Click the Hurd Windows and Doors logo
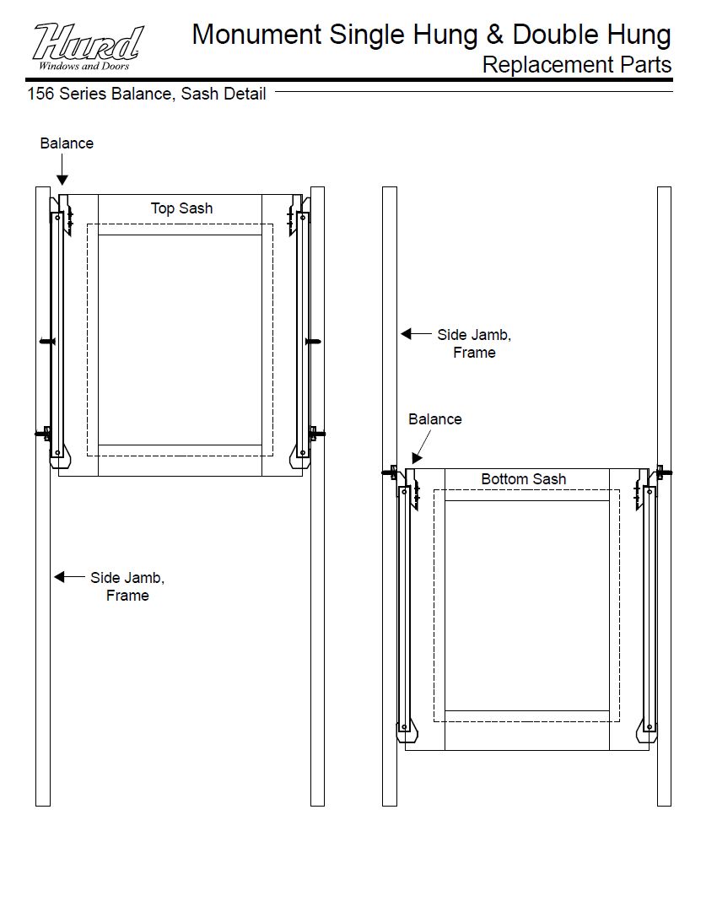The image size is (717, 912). click(x=87, y=47)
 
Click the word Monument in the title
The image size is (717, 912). click(x=256, y=35)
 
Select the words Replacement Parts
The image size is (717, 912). click(x=576, y=65)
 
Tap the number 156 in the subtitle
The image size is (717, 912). click(x=40, y=94)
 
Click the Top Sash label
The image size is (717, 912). click(x=181, y=208)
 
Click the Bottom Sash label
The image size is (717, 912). click(x=523, y=478)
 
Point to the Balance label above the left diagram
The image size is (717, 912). click(x=67, y=143)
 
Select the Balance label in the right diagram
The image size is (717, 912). click(x=435, y=418)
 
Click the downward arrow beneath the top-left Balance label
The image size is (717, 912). click(x=62, y=170)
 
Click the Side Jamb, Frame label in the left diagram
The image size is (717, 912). click(x=127, y=586)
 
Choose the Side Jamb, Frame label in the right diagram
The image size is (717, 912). click(x=474, y=343)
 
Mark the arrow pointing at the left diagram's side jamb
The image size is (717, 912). click(x=69, y=577)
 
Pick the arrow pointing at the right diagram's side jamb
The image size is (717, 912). click(x=416, y=334)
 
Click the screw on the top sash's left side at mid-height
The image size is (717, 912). click(x=47, y=342)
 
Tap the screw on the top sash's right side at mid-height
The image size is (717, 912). click(x=313, y=342)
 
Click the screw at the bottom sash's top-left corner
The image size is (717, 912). click(x=391, y=472)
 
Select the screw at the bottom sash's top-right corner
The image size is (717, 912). click(x=664, y=472)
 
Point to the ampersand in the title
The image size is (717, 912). click(x=494, y=35)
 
